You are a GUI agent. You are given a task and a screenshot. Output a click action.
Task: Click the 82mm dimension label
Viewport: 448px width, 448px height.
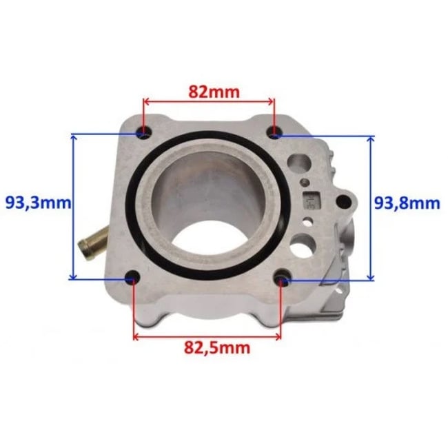tap(209, 90)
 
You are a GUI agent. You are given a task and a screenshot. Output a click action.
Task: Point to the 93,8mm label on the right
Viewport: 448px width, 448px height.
tap(407, 203)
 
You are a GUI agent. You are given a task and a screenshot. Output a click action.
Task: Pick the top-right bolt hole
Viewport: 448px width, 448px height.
tap(275, 132)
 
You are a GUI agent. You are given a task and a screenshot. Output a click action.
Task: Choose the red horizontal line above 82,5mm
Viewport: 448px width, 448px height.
tap(207, 336)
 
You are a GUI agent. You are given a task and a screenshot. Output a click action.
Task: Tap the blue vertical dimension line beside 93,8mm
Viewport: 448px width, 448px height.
tap(371, 207)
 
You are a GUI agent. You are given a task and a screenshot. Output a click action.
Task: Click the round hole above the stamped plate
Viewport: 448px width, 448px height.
tap(298, 163)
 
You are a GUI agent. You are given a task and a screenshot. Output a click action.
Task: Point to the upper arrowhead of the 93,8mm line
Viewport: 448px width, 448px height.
tap(371, 140)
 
